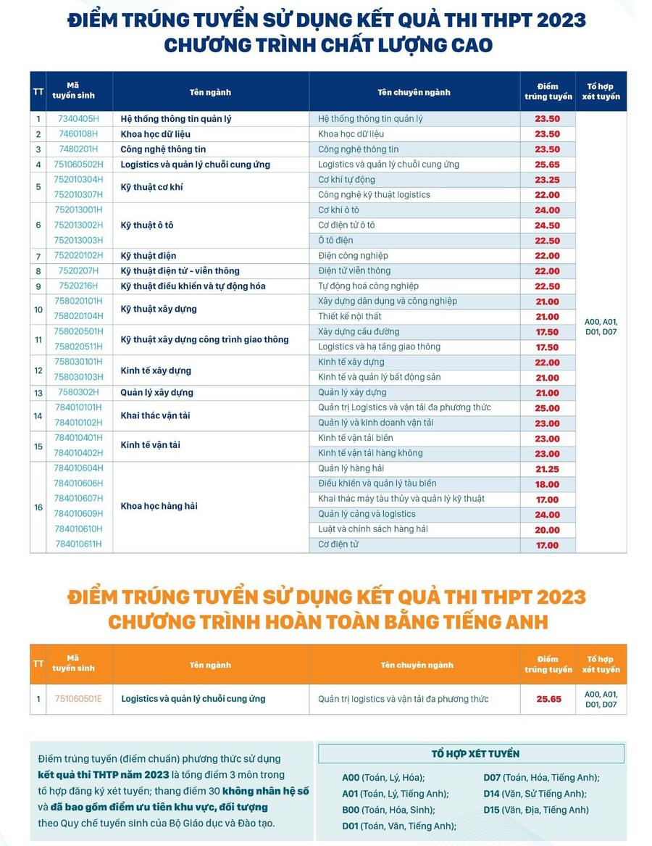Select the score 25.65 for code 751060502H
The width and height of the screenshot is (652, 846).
[x=547, y=165]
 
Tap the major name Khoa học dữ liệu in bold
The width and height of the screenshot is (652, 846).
[x=155, y=134]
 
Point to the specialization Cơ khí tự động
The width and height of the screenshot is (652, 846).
[x=346, y=180]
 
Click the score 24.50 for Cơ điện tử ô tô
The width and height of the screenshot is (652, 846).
[x=547, y=225]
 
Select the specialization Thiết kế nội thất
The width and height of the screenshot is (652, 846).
[x=349, y=316]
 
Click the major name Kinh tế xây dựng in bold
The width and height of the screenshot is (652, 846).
[x=156, y=370]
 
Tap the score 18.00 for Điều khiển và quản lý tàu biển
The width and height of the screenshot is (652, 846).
[x=547, y=484]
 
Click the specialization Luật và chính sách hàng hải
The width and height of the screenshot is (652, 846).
[x=372, y=529]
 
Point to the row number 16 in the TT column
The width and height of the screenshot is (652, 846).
[x=38, y=507]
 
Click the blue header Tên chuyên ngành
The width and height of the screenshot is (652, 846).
[x=414, y=92]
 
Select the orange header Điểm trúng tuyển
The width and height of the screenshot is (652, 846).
[x=548, y=665]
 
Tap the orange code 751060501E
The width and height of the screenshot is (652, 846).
[x=78, y=700]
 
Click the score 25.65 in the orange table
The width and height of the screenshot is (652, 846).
[x=548, y=700]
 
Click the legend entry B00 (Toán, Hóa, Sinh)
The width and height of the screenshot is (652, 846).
[x=388, y=810]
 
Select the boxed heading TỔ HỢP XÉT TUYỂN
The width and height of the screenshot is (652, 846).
[x=475, y=754]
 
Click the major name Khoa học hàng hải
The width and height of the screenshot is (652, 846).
[x=159, y=507]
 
